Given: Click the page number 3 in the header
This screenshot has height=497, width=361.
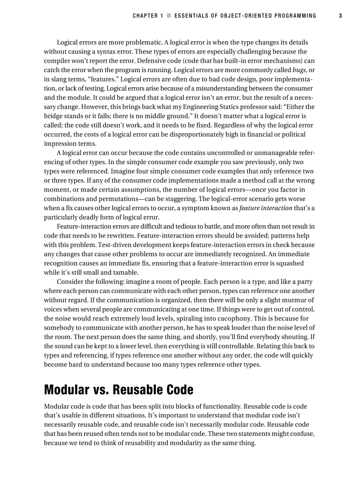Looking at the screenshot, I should pyautogui.click(x=340, y=15).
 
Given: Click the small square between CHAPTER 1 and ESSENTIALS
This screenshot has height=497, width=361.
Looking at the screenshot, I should pyautogui.click(x=169, y=15).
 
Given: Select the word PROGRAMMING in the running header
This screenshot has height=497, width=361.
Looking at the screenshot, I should pyautogui.click(x=295, y=15).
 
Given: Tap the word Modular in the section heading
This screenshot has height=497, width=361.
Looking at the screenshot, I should pyautogui.click(x=66, y=390).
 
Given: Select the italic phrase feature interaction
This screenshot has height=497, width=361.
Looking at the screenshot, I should pyautogui.click(x=266, y=208).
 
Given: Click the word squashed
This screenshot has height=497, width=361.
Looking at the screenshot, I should pyautogui.click(x=290, y=263).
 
